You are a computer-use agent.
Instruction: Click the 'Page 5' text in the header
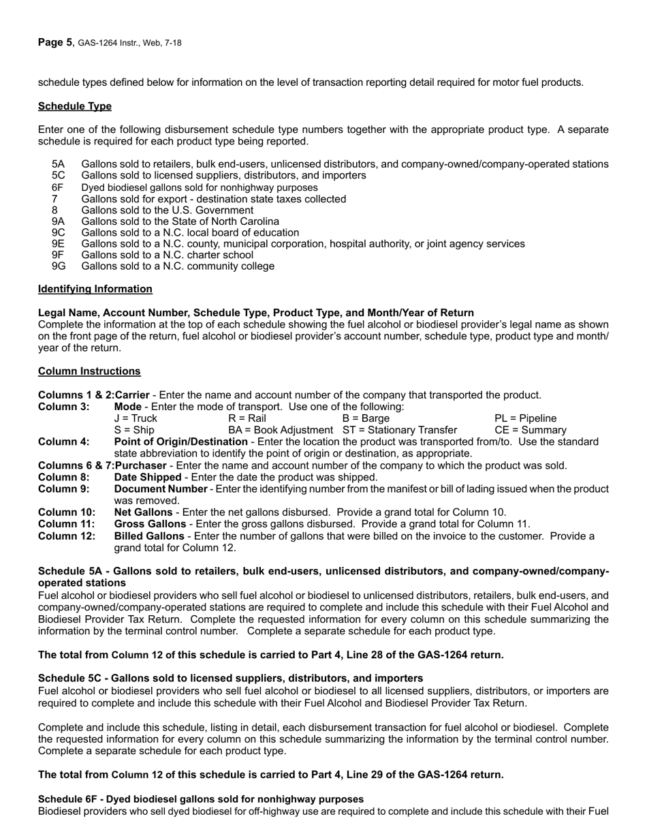[x=55, y=42]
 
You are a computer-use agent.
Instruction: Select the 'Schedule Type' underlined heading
[x=75, y=106]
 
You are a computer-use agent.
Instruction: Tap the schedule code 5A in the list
[x=59, y=164]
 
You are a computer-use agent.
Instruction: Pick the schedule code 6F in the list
[x=59, y=187]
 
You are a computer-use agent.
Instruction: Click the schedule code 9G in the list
[x=59, y=266]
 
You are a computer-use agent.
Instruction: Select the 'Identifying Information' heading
[x=95, y=289]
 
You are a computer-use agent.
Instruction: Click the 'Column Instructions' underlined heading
[x=89, y=371]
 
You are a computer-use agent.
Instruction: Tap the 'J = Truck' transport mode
[x=136, y=418]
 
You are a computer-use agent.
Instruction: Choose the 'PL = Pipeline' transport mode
[x=525, y=418]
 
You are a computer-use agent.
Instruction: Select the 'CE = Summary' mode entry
[x=530, y=430]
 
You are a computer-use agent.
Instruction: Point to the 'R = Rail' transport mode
[x=247, y=418]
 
